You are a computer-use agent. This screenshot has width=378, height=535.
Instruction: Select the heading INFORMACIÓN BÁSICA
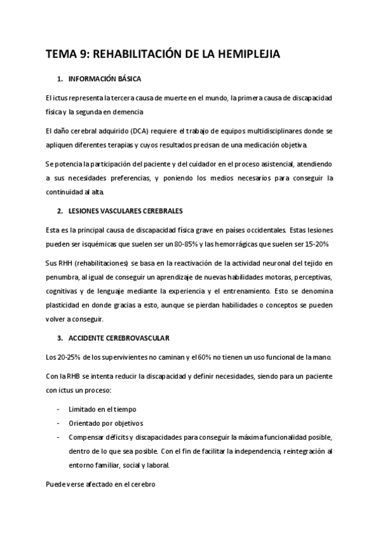click(104, 79)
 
